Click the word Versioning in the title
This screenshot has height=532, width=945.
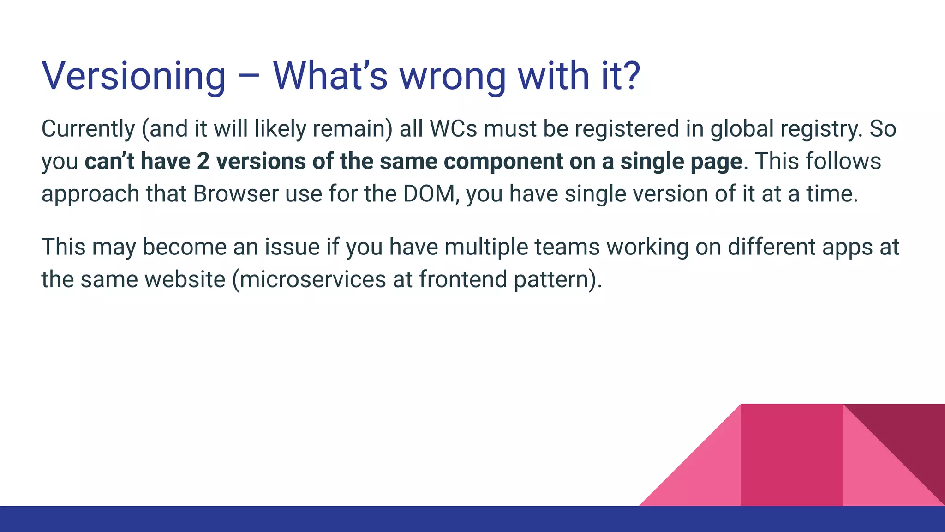[134, 76]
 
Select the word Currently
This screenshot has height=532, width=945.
[88, 129]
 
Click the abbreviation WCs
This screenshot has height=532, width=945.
[454, 129]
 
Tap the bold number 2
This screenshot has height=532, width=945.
[203, 161]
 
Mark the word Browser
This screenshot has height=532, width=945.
[236, 193]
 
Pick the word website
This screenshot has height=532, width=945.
[185, 279]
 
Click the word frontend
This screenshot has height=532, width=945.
[463, 279]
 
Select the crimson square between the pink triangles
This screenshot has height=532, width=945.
[792, 455]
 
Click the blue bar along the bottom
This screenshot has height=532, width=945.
[472, 519]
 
